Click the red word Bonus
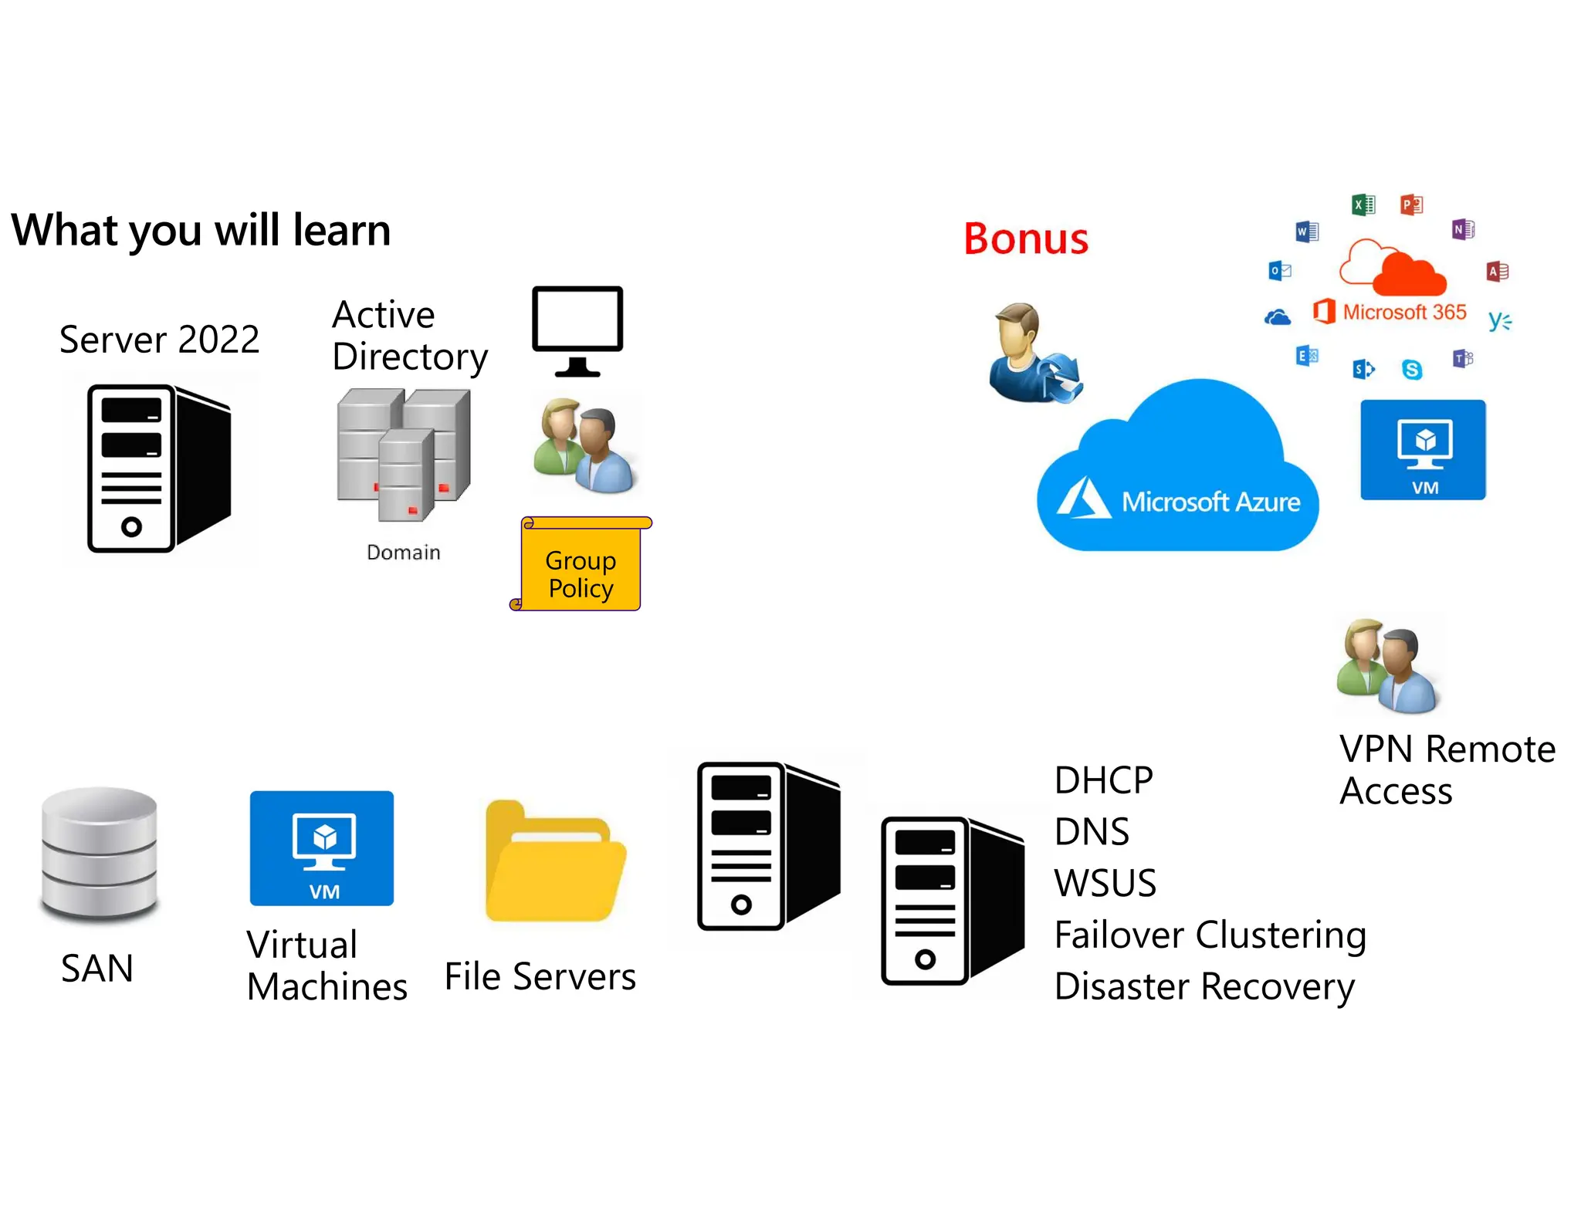click(1025, 238)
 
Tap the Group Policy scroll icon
click(581, 566)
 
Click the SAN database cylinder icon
click(99, 855)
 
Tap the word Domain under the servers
click(403, 553)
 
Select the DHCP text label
click(1103, 780)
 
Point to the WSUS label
click(1105, 883)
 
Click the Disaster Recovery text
click(1204, 987)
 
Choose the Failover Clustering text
click(1210, 935)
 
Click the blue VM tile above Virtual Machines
click(322, 848)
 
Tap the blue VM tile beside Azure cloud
click(1422, 450)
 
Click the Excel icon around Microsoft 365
click(1363, 205)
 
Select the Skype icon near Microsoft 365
click(1411, 370)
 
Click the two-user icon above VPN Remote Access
click(1388, 666)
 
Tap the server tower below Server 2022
click(158, 468)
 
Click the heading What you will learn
click(201, 230)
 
